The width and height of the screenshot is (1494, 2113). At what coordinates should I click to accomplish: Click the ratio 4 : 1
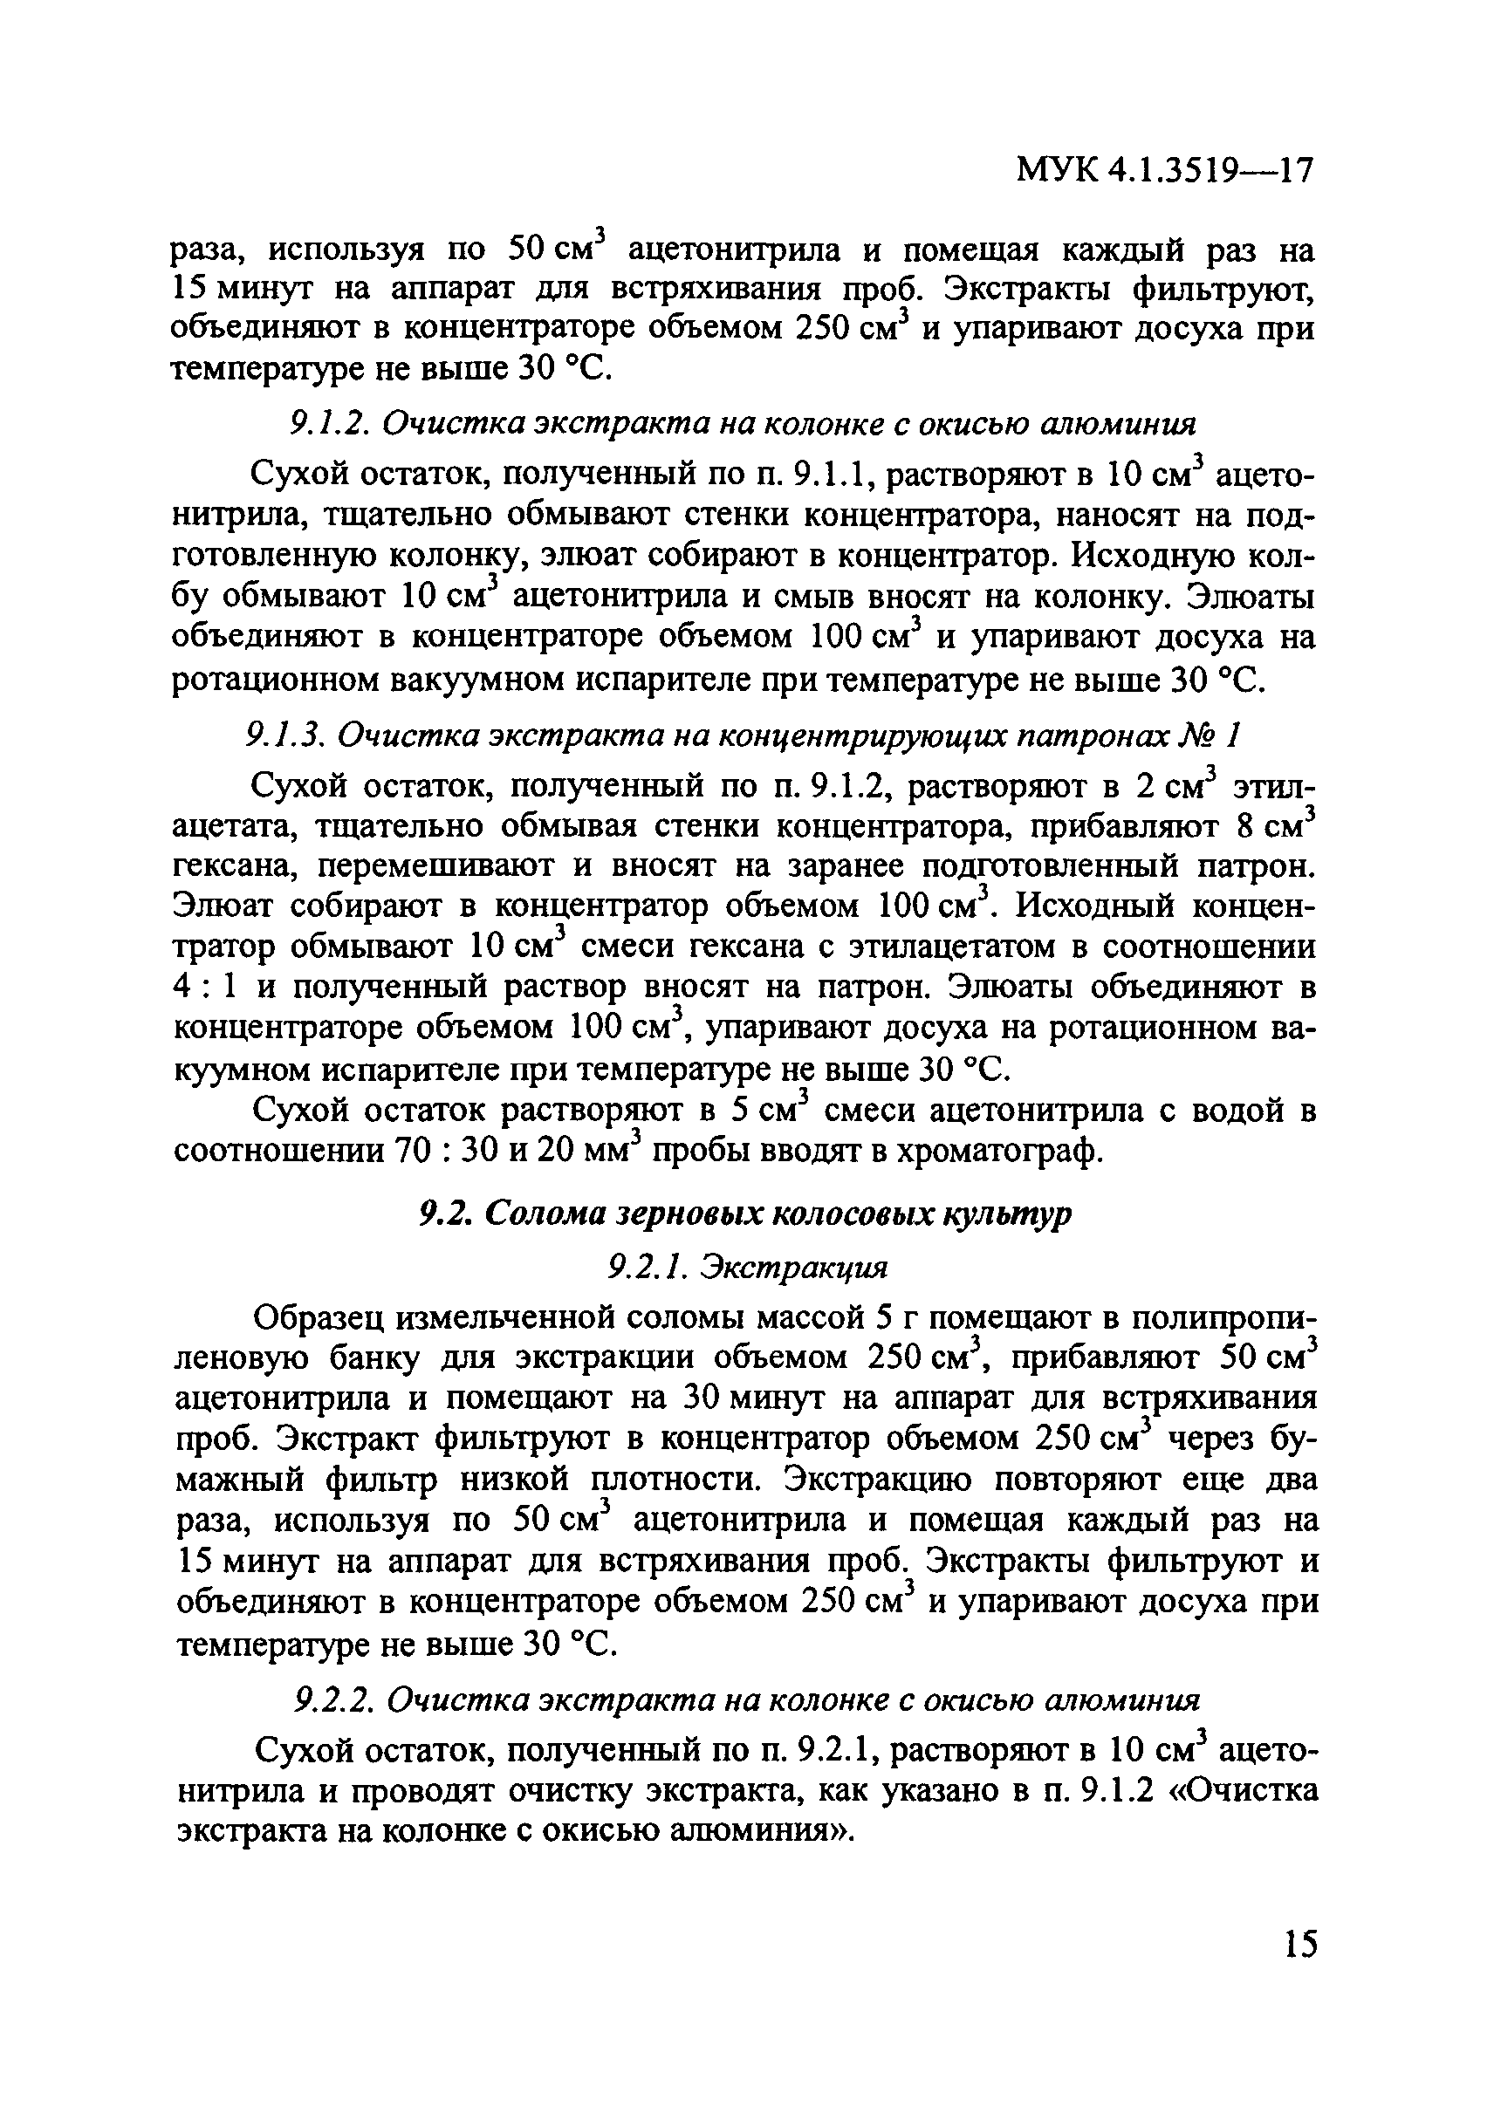point(205,987)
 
